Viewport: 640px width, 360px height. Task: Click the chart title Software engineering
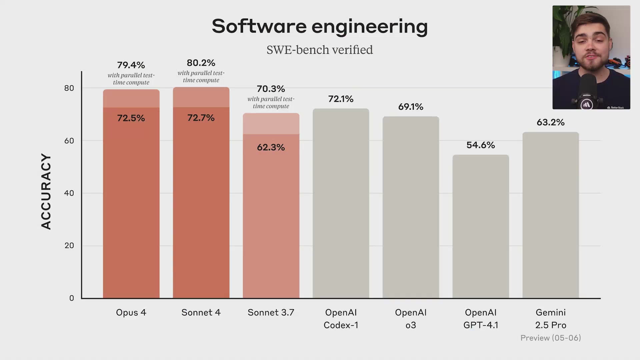point(319,27)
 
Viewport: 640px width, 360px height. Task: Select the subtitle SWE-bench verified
point(319,50)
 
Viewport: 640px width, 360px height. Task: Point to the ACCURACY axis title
point(46,191)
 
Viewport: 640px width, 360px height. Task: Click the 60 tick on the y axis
point(69,141)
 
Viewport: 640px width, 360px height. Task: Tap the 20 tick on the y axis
point(69,246)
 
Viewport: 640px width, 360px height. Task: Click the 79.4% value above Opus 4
point(131,65)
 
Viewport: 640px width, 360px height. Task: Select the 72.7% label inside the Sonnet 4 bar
point(201,118)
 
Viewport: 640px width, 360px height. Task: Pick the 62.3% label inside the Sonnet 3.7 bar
point(271,147)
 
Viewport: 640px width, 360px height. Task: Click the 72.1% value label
point(341,99)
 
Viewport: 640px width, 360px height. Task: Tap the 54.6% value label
point(480,145)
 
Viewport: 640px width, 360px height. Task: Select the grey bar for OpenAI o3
point(411,207)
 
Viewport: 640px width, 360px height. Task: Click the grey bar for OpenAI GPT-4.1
point(480,227)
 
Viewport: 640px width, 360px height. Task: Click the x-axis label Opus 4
point(131,313)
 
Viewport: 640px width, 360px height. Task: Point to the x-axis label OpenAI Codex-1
point(341,319)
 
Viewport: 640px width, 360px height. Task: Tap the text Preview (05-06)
point(550,338)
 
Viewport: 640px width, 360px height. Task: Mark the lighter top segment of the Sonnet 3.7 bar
point(271,124)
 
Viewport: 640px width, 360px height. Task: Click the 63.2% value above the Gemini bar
point(550,122)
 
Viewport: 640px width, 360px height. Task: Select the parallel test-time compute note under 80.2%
point(201,77)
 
